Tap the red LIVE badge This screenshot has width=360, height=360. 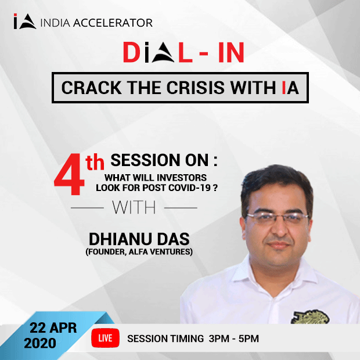coord(105,337)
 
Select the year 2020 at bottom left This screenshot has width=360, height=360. coord(41,343)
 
